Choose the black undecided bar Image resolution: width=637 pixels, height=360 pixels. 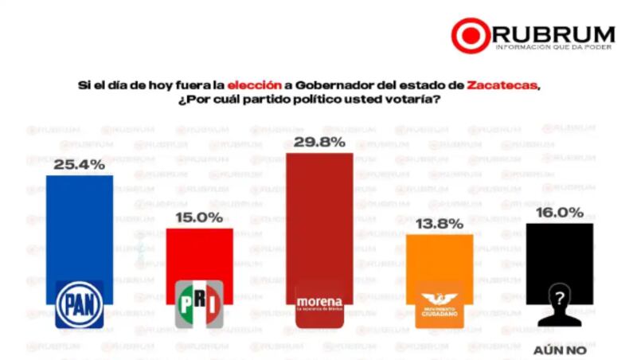point(560,255)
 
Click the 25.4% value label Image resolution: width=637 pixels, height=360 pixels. point(79,165)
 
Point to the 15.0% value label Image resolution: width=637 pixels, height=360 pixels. point(199,217)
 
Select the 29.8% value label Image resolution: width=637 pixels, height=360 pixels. point(318,142)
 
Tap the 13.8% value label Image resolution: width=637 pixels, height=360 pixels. point(440,224)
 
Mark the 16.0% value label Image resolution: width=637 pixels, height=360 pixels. point(560,213)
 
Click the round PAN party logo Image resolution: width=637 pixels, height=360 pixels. point(79,304)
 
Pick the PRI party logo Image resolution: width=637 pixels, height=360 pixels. point(199,304)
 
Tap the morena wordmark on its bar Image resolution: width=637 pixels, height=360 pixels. point(318,303)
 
